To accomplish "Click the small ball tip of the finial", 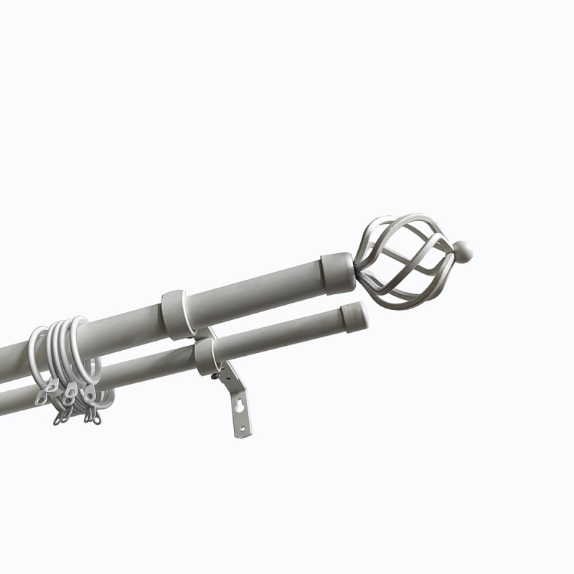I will click(464, 250).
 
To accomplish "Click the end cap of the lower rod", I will click(353, 315).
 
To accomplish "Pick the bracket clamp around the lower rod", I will click(206, 356).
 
